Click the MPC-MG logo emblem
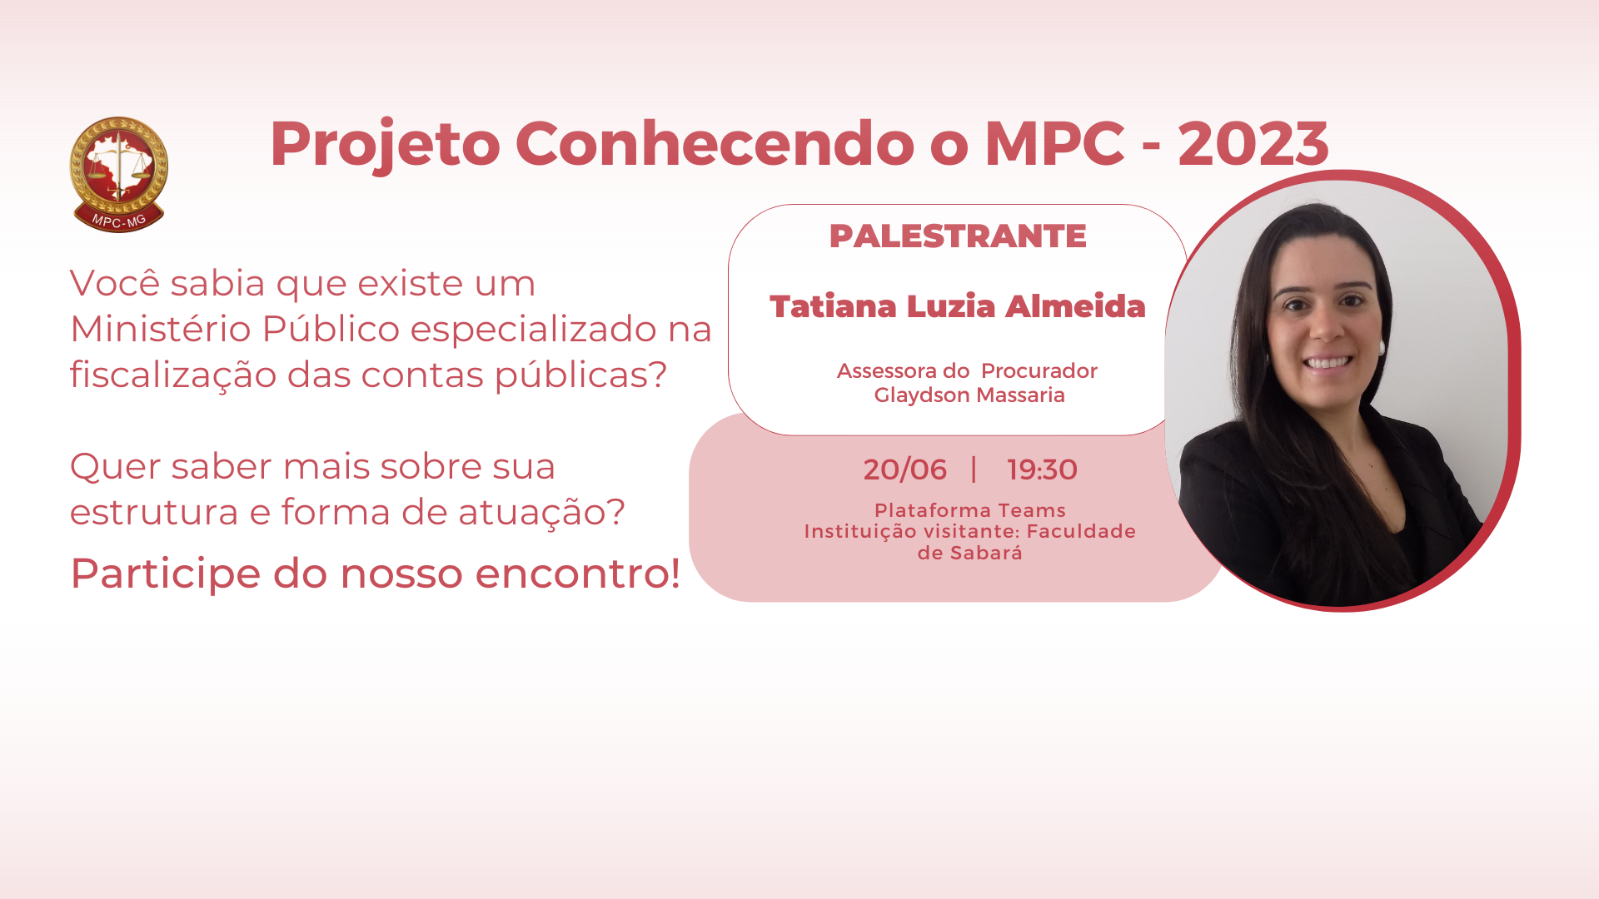pos(118,174)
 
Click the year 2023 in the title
pos(1253,144)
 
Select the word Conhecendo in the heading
pos(715,143)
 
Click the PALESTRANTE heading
pos(958,236)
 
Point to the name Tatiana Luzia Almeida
pos(958,306)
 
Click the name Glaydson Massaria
pos(969,395)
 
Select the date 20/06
pos(904,470)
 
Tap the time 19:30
pos(1042,470)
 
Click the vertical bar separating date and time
pos(974,469)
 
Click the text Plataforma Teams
pos(969,510)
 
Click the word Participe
pos(166,574)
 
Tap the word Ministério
pos(161,329)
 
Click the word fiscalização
pos(173,375)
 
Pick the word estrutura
pos(154,512)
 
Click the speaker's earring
pos(1381,345)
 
